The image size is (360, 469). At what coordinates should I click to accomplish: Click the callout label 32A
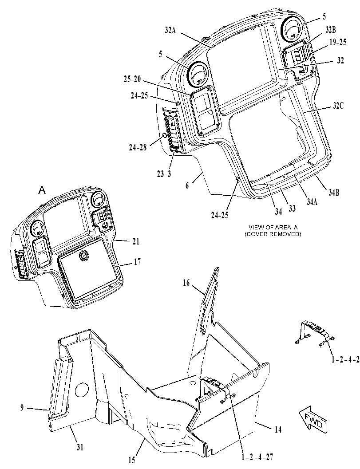(x=170, y=30)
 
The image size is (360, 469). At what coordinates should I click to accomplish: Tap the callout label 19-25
(x=337, y=43)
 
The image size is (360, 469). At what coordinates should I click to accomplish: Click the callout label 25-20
(x=132, y=80)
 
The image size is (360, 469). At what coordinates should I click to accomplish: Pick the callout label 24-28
(x=138, y=147)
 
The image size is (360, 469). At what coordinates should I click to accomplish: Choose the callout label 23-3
(x=164, y=173)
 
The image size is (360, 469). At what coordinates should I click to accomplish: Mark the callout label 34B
(x=333, y=193)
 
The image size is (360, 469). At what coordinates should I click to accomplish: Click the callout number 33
(x=292, y=208)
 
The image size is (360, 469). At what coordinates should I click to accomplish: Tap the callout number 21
(x=136, y=241)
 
